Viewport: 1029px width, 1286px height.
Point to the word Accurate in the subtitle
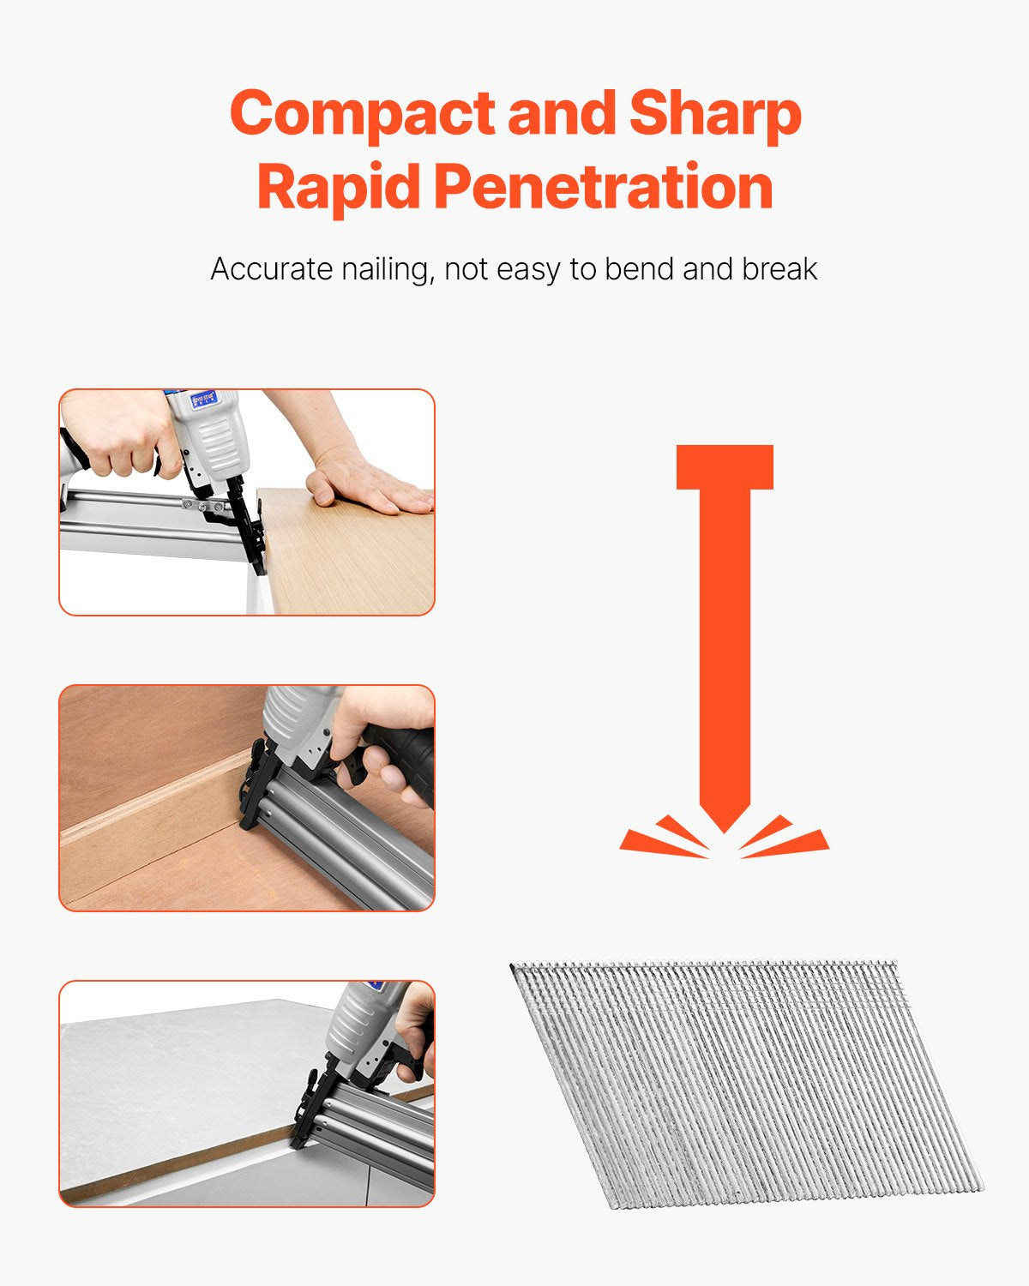[x=272, y=269]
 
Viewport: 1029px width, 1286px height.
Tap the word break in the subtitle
[x=779, y=269]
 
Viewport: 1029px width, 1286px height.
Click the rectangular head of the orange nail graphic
[x=725, y=467]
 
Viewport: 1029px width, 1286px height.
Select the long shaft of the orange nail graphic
[x=725, y=643]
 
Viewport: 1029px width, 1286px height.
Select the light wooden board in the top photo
[x=352, y=557]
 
